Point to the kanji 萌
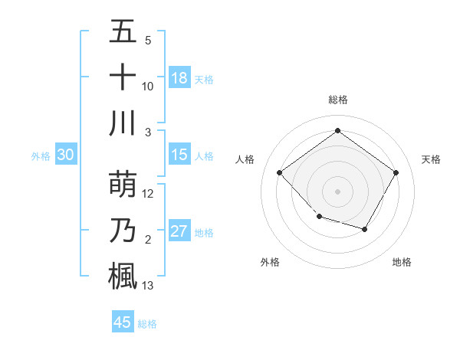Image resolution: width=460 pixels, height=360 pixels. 122,183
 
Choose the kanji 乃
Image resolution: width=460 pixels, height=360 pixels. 122,231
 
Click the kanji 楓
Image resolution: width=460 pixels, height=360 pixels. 122,276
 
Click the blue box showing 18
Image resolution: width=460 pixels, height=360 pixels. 179,78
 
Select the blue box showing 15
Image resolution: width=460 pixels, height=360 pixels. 179,155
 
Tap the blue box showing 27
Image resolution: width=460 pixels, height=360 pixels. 179,231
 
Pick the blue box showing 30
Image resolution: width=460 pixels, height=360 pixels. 65,155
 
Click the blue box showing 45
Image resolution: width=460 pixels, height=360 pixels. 123,322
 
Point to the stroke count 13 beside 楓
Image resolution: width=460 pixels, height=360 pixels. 148,286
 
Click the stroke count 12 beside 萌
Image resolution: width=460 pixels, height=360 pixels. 148,194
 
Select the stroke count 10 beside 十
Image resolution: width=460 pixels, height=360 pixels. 148,87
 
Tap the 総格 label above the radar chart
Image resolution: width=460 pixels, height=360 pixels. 337,100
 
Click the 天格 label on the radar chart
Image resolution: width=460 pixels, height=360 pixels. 431,159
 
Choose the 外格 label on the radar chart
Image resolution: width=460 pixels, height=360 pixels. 270,262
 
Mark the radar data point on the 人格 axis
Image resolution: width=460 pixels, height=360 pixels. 280,172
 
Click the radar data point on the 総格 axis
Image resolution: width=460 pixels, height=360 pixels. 337,130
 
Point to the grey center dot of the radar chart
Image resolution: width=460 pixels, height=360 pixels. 337,191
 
